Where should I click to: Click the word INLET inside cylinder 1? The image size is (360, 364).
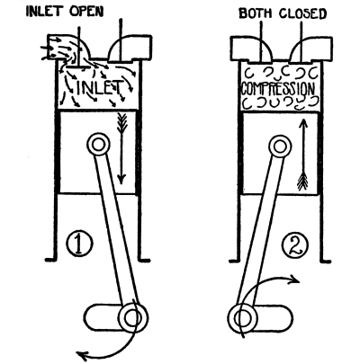coord(100,87)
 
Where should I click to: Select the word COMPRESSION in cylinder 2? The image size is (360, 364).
coord(278,88)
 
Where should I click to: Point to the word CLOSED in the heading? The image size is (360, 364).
coord(302,13)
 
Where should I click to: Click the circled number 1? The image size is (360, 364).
coord(79,244)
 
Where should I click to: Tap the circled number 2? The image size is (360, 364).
coord(295,245)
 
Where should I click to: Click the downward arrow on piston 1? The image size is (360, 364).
coord(121,148)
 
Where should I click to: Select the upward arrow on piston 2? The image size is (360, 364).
coord(303,155)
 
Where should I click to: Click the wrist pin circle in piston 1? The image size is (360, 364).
coord(98,145)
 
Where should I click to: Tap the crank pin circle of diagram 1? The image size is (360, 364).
coord(133,318)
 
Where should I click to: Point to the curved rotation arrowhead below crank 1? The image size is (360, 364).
coord(82,356)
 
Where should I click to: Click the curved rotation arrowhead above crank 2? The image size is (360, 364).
coord(294,280)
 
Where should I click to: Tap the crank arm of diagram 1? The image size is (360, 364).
coord(116,318)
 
